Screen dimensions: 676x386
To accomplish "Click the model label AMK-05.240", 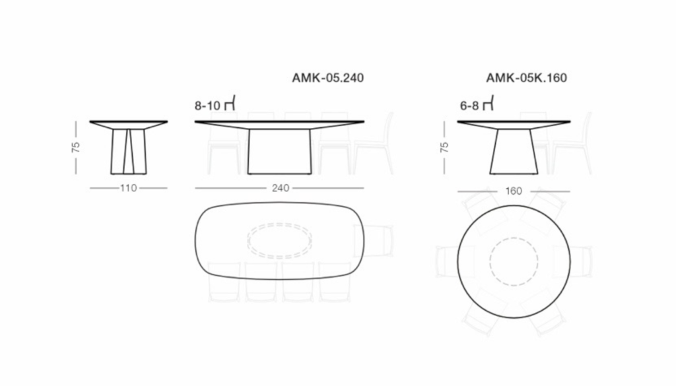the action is [x=327, y=78].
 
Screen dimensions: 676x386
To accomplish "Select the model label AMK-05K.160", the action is [x=526, y=78].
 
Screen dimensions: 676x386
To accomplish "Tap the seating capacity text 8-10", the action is [x=207, y=106].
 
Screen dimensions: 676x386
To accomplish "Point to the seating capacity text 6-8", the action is [x=469, y=106].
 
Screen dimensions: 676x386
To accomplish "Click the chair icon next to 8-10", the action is [x=230, y=104].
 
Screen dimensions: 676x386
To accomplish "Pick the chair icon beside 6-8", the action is [x=488, y=104].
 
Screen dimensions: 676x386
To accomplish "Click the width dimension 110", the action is [x=129, y=188].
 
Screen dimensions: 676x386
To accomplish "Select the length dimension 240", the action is [x=280, y=188].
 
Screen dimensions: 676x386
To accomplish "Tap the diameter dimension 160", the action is [x=514, y=191].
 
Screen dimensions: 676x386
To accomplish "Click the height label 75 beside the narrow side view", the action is [x=76, y=147].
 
